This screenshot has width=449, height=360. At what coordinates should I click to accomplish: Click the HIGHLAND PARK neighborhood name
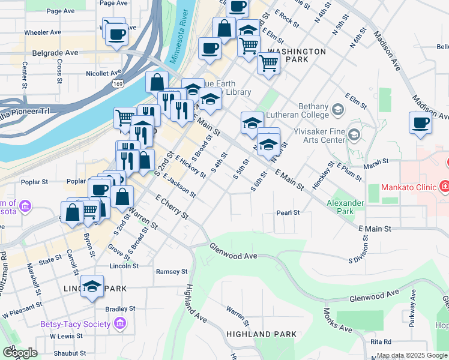click(x=261, y=334)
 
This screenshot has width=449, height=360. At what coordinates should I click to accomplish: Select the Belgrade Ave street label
click(x=56, y=53)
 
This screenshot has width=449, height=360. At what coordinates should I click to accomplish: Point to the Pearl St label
click(x=288, y=213)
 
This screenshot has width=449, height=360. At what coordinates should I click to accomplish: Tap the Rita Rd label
click(x=381, y=341)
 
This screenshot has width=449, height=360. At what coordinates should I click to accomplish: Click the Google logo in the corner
click(x=19, y=352)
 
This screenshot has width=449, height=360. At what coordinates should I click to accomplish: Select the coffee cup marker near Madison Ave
click(x=420, y=124)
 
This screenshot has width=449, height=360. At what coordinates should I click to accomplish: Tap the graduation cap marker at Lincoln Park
click(x=92, y=286)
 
